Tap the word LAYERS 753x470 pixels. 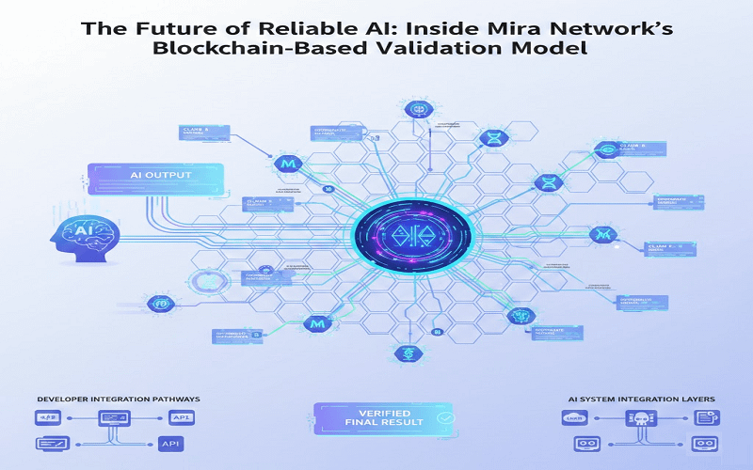[696, 399]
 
